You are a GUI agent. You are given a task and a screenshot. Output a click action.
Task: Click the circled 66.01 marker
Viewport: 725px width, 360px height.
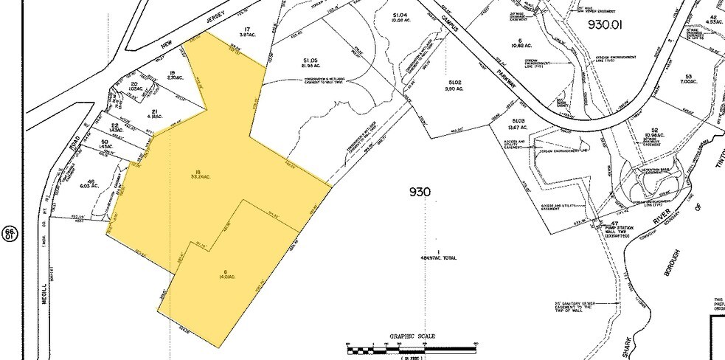10,234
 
